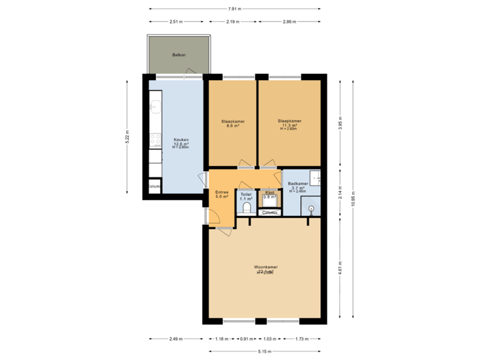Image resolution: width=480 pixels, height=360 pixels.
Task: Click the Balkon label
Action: [178, 55]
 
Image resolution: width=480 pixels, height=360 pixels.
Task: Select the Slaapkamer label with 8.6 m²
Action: [233, 123]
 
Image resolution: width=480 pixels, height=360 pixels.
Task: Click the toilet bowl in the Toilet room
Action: [246, 208]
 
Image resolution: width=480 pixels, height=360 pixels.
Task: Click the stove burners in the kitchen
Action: [155, 140]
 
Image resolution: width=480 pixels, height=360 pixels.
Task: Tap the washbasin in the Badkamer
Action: [316, 177]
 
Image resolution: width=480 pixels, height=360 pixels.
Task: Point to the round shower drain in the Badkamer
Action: [312, 208]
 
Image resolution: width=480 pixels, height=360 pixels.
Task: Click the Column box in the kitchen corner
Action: [154, 187]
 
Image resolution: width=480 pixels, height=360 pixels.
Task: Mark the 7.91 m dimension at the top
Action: [235, 9]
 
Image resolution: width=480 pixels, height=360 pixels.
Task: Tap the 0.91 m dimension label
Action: [246, 339]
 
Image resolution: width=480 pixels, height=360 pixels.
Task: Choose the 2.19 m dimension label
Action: [233, 21]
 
